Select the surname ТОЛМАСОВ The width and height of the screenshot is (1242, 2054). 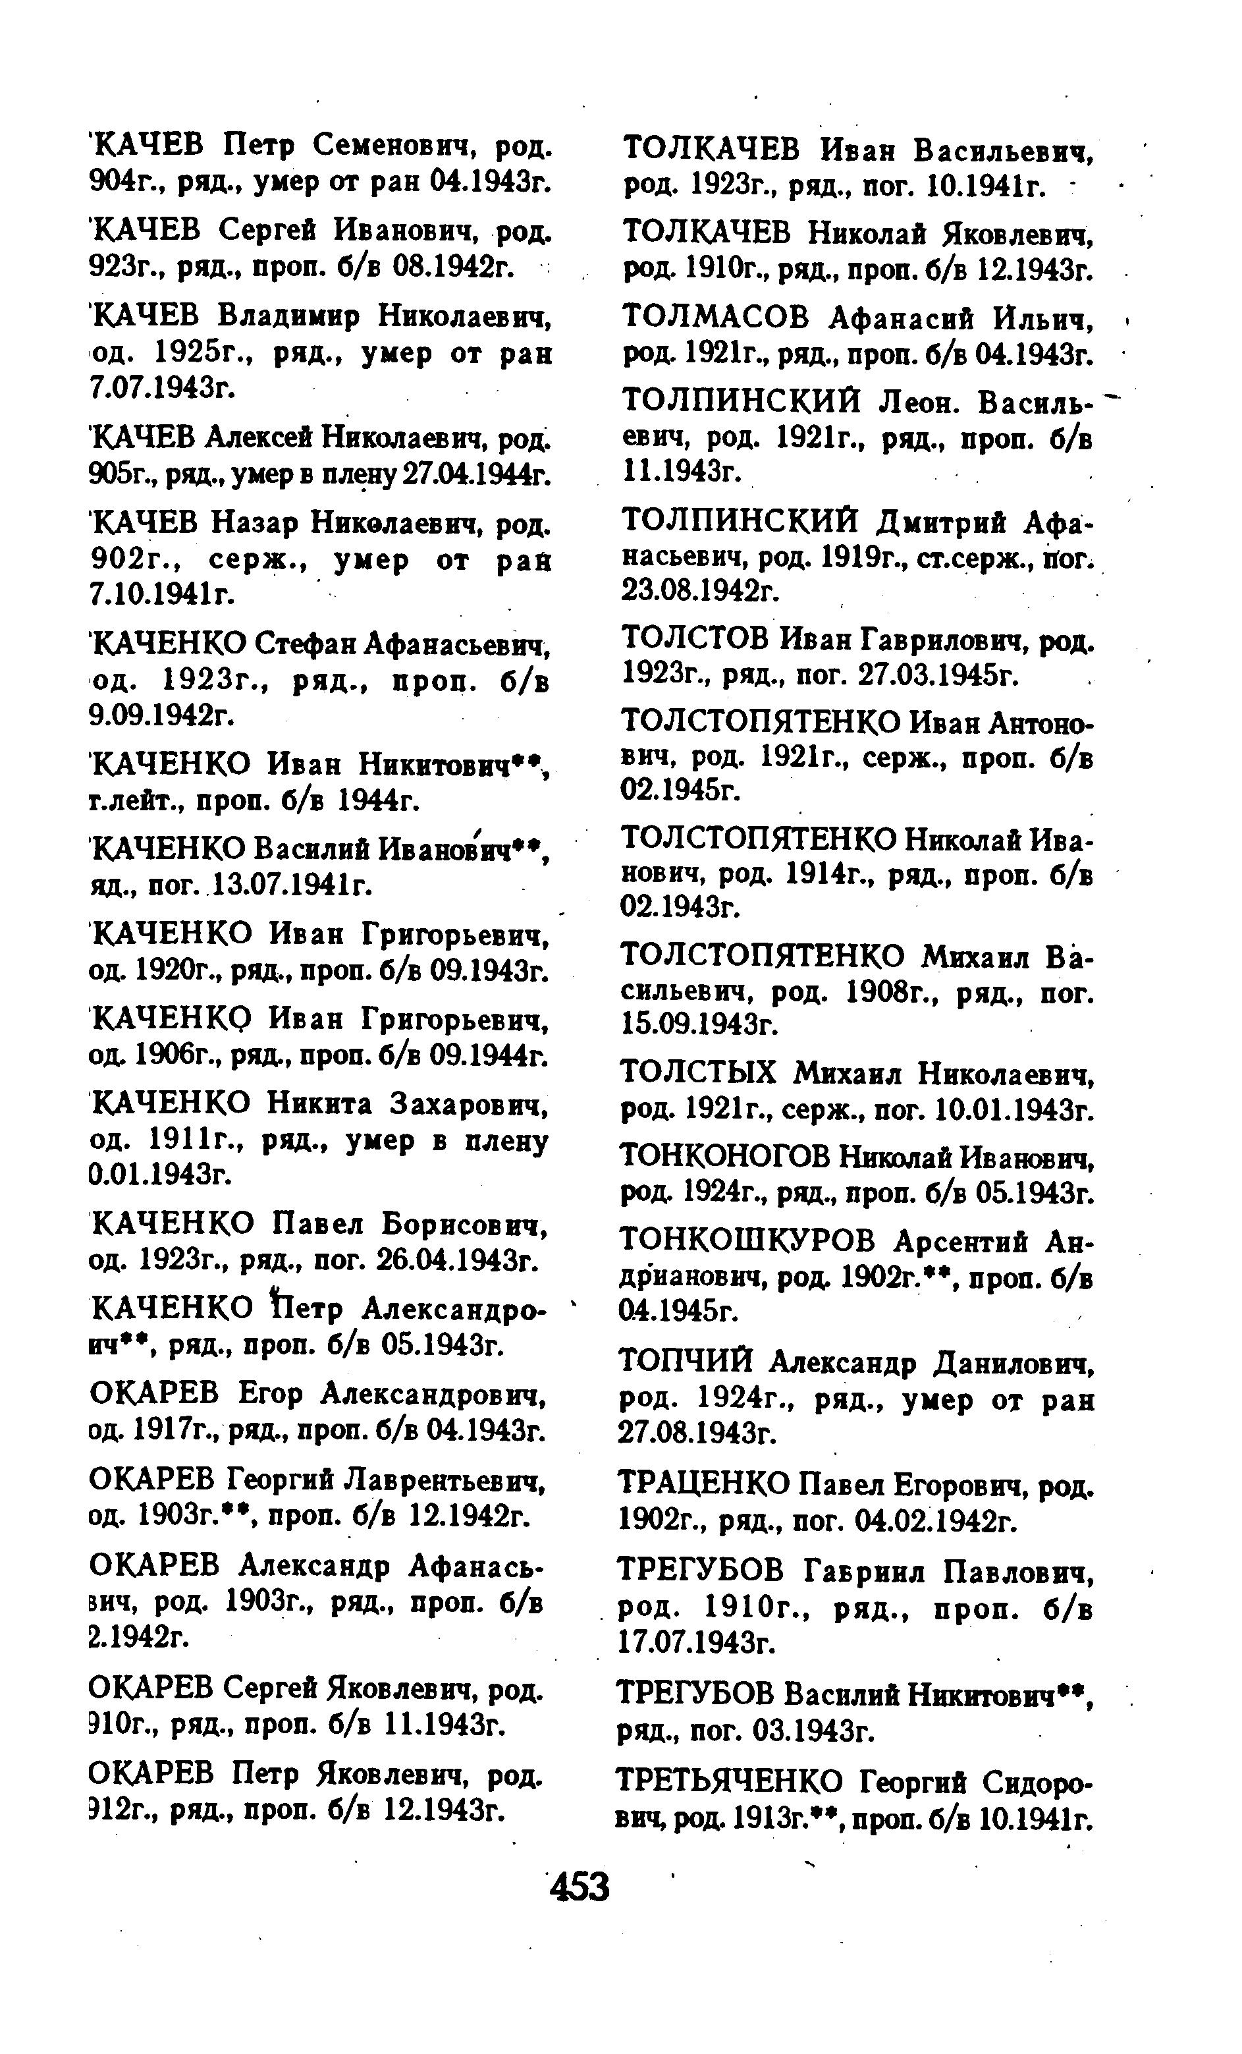(716, 318)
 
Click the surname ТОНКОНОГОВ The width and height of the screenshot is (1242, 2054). (726, 1157)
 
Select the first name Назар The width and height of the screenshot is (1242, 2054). (255, 524)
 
